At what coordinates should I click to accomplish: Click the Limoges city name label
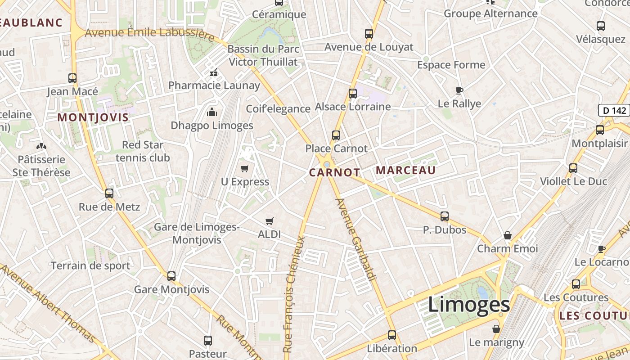(468, 305)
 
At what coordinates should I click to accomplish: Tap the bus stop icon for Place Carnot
(336, 135)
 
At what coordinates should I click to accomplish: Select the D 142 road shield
(614, 110)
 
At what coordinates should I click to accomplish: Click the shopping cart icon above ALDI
(270, 221)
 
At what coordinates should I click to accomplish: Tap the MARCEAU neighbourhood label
(405, 170)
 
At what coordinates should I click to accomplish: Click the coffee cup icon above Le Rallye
(459, 90)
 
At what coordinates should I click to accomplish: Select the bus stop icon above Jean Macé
(72, 78)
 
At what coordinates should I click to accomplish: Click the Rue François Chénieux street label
(294, 294)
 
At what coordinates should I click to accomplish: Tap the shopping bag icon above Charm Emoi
(508, 235)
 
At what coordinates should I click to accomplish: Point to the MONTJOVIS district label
(93, 117)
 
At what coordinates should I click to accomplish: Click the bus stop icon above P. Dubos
(445, 216)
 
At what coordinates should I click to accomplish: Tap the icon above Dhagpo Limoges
(211, 112)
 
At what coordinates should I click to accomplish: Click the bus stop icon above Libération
(392, 335)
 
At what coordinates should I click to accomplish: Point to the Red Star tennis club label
(143, 151)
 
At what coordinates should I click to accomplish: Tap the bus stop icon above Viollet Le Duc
(573, 168)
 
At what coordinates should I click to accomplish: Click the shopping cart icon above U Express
(244, 169)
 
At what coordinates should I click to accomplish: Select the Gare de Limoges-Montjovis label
(197, 233)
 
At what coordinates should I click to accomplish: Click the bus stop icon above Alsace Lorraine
(353, 94)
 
